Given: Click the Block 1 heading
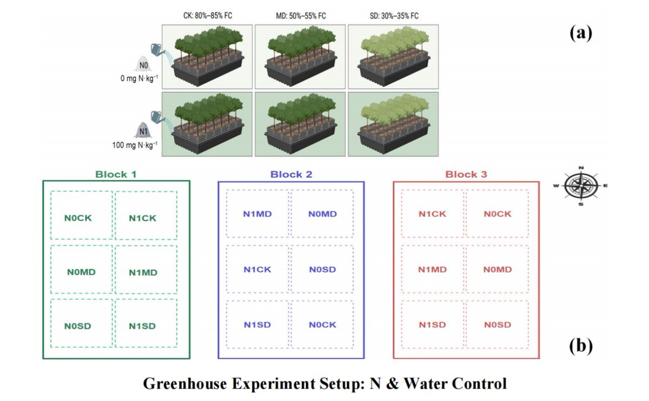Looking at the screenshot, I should (x=116, y=175).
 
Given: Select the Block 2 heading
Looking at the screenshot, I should (x=291, y=175).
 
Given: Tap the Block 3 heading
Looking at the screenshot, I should (x=466, y=175).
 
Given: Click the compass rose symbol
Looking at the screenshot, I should (x=581, y=186).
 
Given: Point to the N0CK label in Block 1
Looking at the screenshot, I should (x=78, y=218).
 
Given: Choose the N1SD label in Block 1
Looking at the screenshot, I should (x=143, y=326).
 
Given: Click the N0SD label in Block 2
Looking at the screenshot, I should (x=322, y=269).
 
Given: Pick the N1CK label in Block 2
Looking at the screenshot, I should (x=257, y=269).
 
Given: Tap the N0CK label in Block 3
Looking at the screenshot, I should (x=497, y=214).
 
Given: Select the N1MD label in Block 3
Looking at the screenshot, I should (x=433, y=269).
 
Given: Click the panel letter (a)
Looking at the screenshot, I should (x=581, y=34).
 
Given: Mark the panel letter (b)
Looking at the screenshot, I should (x=581, y=345).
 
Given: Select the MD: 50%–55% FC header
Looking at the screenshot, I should (x=301, y=16).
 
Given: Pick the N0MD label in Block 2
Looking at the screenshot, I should (x=322, y=214).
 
